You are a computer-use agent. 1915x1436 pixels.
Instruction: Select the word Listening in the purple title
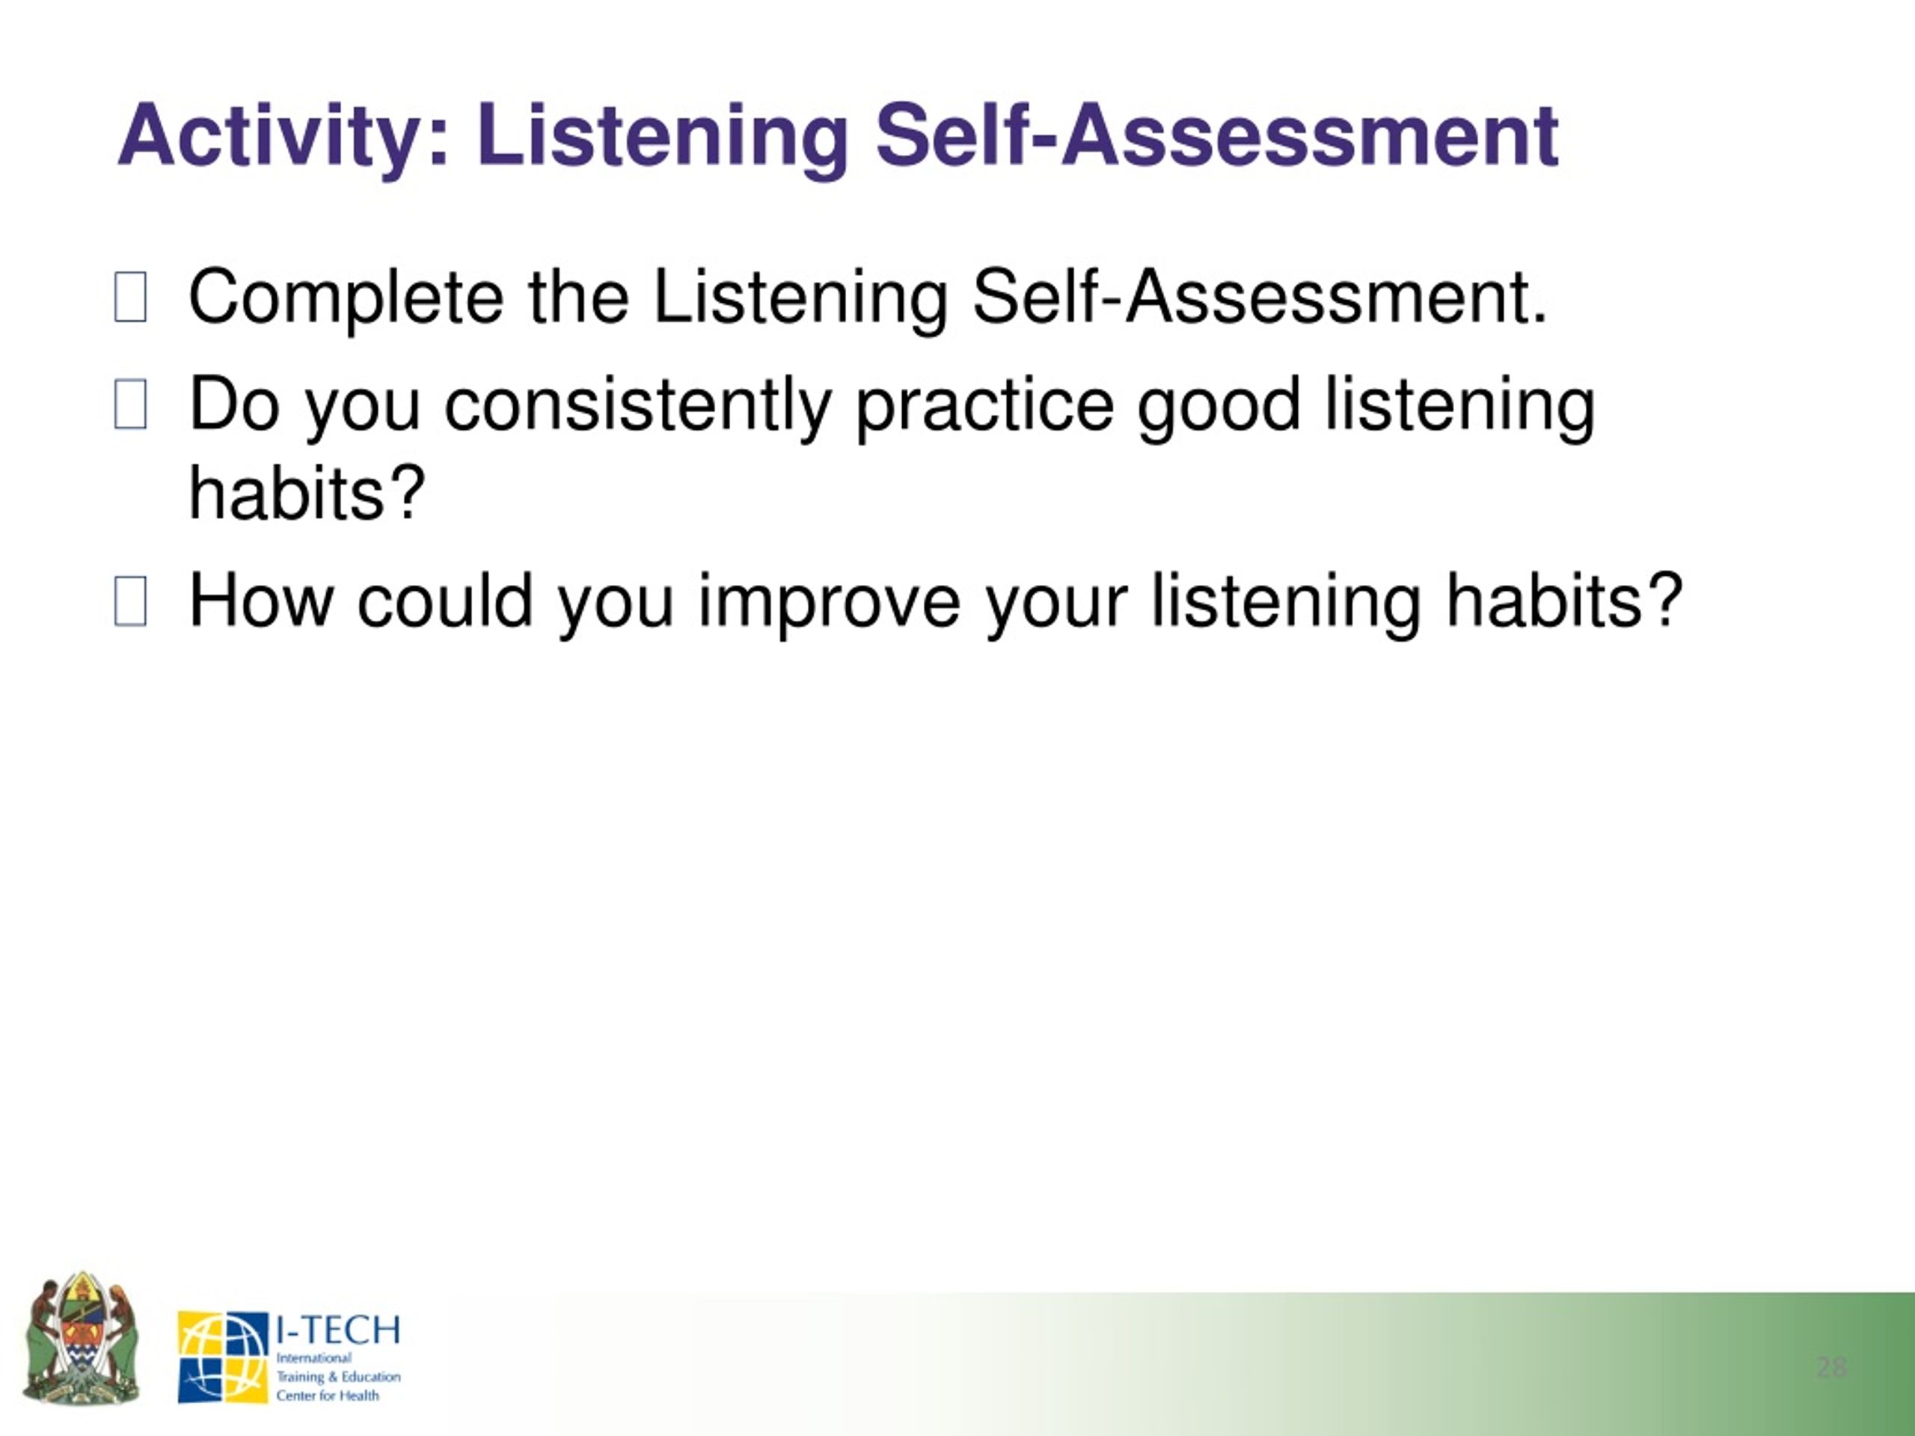point(662,138)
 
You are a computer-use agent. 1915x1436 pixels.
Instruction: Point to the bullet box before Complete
point(130,297)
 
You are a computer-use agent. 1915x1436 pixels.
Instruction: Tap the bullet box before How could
point(130,601)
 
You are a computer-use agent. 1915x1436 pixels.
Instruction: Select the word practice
point(984,408)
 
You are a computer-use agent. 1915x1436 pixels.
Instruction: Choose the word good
point(1219,408)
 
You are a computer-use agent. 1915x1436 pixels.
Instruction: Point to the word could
point(445,601)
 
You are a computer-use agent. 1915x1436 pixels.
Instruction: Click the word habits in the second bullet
point(307,494)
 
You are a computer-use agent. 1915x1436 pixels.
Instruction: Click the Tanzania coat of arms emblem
point(82,1339)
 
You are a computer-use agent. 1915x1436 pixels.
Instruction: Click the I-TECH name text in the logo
point(337,1330)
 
